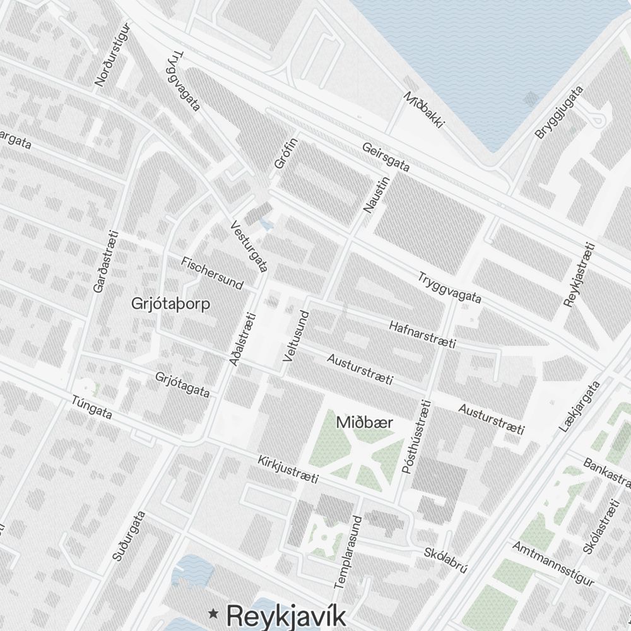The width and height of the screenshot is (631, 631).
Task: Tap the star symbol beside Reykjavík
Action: tap(214, 612)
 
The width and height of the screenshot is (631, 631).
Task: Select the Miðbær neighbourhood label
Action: tap(364, 422)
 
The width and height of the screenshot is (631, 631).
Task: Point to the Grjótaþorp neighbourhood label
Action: tap(171, 304)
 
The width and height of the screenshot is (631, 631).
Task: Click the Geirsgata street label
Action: tap(386, 157)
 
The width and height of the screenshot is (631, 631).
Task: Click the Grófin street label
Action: tap(286, 153)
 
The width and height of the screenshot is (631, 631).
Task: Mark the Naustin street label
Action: tap(377, 194)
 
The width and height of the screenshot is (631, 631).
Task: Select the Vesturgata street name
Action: tap(249, 246)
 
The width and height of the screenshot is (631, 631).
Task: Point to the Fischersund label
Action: tap(212, 273)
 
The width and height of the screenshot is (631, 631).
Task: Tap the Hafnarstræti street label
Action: tap(422, 334)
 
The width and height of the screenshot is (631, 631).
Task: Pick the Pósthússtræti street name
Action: tap(416, 437)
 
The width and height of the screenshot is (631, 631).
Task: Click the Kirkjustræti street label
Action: tap(288, 469)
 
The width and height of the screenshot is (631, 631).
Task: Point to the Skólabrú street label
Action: tap(445, 559)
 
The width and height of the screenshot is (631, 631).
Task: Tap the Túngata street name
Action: tap(92, 408)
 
